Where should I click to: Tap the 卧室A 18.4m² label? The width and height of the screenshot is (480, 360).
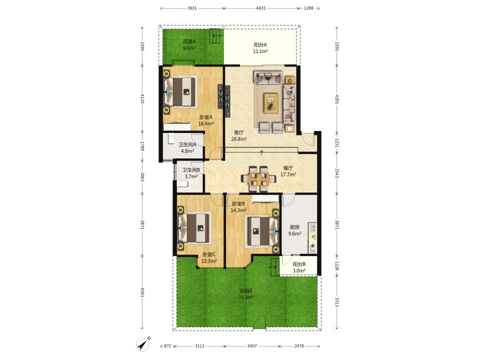click(205, 120)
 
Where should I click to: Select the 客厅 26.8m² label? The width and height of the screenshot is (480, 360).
click(239, 135)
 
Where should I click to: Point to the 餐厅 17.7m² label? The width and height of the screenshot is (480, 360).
click(288, 171)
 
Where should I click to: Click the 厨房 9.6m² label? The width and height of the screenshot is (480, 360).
click(294, 230)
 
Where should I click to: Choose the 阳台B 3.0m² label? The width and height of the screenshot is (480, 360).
click(299, 267)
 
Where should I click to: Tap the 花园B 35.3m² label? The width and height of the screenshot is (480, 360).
click(246, 294)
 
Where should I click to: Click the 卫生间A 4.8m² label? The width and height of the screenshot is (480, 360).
click(187, 147)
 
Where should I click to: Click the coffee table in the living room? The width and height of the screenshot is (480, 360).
click(271, 103)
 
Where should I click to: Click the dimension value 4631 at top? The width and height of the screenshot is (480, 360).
click(261, 8)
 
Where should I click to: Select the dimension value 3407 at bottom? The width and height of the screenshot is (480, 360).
click(252, 346)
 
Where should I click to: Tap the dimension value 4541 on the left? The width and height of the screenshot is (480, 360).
click(142, 292)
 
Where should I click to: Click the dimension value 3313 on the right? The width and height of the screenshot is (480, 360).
click(337, 302)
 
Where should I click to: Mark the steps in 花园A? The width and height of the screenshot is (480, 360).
click(215, 36)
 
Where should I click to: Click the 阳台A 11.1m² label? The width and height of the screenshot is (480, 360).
click(260, 48)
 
